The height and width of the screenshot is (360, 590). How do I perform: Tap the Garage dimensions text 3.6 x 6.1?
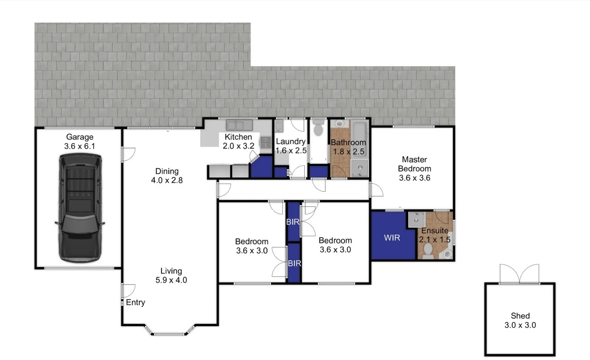80,146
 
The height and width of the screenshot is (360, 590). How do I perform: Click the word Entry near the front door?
135,302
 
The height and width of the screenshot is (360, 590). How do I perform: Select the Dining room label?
167,171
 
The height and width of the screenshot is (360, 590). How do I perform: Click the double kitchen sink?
236,125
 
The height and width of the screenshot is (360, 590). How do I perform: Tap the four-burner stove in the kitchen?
266,142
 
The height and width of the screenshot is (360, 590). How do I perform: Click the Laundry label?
290,142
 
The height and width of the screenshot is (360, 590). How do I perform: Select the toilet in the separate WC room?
319,127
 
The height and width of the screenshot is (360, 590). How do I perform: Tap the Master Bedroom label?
414,164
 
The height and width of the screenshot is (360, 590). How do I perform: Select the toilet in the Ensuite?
428,250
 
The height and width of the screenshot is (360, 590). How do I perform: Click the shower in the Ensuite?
416,219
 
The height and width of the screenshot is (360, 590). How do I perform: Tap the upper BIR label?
292,222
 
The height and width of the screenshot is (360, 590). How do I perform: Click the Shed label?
520,316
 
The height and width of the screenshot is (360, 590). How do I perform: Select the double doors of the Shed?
519,274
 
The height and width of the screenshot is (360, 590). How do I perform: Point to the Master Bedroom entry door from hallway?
375,189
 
